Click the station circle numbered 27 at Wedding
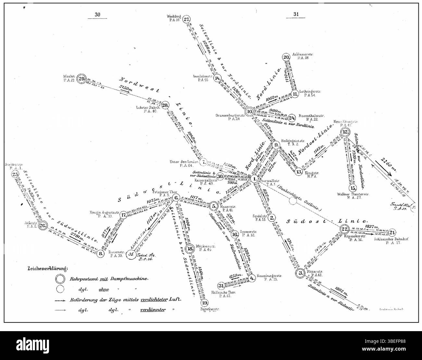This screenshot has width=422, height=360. point(186,19)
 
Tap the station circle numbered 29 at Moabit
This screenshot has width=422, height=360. point(82,78)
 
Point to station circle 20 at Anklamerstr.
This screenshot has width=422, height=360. point(286,57)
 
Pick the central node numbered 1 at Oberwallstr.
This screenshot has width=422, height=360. point(255,178)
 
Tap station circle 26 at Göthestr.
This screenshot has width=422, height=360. point(43,226)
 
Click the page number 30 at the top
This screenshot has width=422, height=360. point(98,14)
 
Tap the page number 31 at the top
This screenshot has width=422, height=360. point(296,14)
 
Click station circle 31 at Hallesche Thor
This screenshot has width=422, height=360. point(221,285)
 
